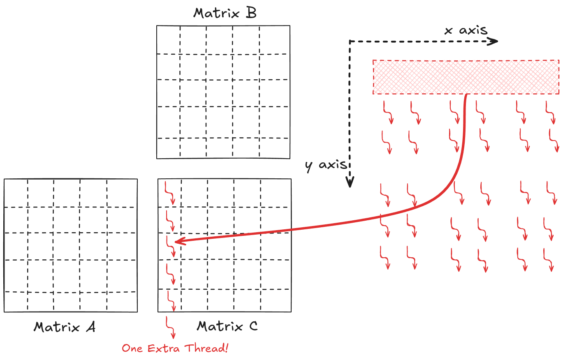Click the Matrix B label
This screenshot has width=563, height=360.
[x=225, y=13]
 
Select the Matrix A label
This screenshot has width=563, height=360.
[x=65, y=327]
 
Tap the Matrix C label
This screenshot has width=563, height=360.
[x=227, y=326]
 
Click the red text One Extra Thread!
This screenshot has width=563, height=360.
[x=175, y=348]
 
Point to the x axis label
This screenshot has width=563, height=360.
[x=466, y=30]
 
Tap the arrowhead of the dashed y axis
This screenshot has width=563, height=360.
[x=350, y=183]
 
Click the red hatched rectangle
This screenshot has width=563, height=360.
[x=466, y=77]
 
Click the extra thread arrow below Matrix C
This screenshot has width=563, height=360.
[x=170, y=327]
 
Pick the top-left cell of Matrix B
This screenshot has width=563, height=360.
[x=168, y=39]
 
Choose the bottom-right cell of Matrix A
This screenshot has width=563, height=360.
[x=122, y=302]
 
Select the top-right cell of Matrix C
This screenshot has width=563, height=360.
[x=276, y=193]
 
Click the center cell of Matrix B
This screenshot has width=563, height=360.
[x=219, y=93]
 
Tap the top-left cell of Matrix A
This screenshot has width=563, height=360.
[x=16, y=193]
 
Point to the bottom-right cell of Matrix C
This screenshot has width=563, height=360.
[x=276, y=300]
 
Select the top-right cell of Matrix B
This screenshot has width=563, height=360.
[x=274, y=39]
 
